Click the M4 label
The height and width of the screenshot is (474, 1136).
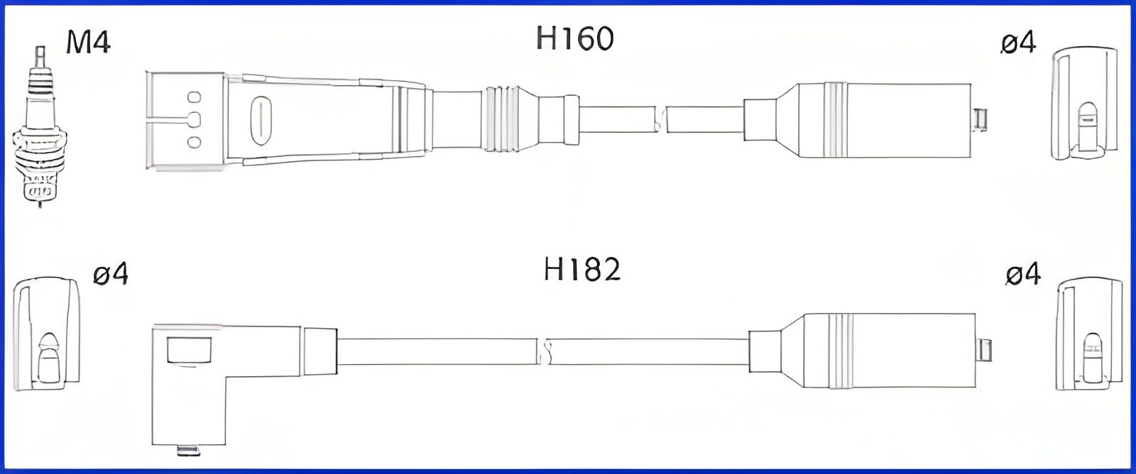(x=88, y=42)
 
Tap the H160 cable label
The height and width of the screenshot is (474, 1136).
(x=574, y=38)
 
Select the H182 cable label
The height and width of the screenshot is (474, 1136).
(x=582, y=270)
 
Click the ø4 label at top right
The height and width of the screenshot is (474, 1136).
(x=1017, y=44)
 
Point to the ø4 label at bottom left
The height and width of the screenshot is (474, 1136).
(x=111, y=273)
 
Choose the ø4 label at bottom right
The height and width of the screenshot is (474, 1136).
(x=1023, y=274)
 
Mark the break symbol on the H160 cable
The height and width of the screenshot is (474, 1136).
(x=660, y=119)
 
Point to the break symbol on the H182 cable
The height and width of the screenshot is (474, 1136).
(x=545, y=351)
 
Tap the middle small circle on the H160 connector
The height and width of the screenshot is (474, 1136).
(x=194, y=119)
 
